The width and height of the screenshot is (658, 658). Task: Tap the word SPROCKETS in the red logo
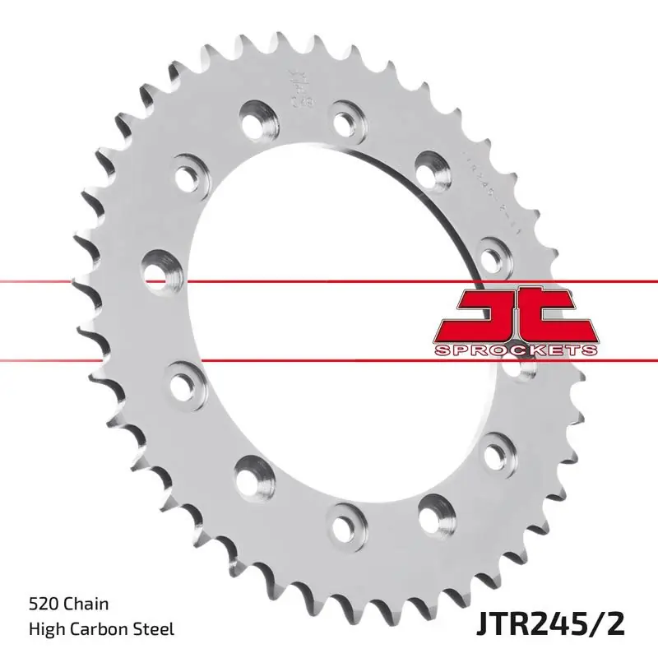click(x=515, y=350)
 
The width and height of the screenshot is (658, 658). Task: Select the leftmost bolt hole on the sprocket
click(x=160, y=267)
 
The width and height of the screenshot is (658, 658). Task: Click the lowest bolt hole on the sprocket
click(x=341, y=520)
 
